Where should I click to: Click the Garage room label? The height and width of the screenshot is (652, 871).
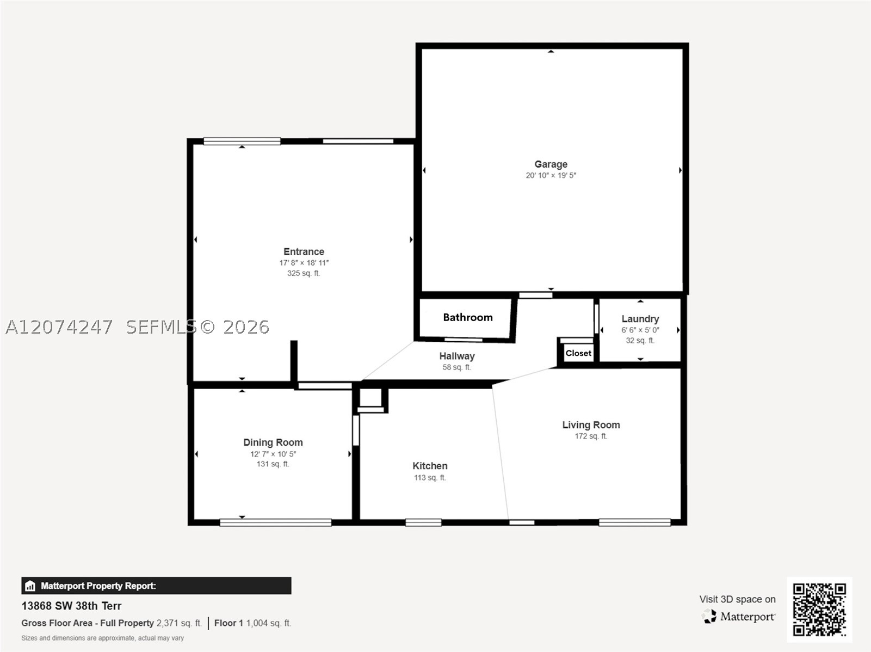point(551,164)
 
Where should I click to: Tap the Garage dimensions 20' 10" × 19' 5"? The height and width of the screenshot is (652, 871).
point(551,175)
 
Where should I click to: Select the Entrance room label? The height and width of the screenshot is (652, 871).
point(304,251)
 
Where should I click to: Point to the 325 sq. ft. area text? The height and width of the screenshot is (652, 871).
point(304,273)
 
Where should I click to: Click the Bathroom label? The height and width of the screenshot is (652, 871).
point(468,317)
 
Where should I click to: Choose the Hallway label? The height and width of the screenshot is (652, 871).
point(457,356)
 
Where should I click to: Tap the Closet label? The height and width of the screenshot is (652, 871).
point(578,353)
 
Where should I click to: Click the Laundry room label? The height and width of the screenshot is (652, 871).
point(640,319)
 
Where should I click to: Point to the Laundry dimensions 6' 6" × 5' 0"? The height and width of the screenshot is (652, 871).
point(640,330)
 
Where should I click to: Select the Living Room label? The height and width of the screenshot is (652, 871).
point(591,425)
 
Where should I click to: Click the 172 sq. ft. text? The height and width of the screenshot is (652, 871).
point(591,436)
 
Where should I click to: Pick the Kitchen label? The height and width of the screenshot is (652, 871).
point(430,465)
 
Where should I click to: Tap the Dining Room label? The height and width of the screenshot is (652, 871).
point(273,442)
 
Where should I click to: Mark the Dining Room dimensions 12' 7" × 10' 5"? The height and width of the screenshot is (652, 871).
point(273,454)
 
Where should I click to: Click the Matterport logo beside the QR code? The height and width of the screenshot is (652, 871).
point(738,616)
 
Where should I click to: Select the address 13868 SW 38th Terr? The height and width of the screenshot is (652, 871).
point(71,606)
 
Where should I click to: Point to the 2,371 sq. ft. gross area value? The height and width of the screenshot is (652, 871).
point(179,623)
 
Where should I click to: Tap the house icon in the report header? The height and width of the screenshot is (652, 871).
point(30,586)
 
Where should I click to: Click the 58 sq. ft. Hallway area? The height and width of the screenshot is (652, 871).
point(457,367)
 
